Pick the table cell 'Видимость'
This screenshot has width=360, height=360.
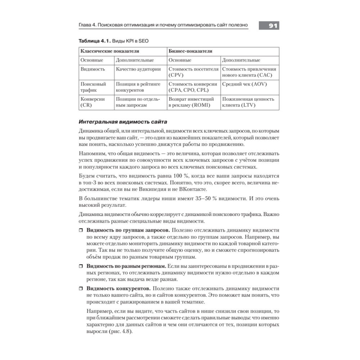(93, 69)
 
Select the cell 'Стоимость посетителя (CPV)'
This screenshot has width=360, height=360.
(193, 72)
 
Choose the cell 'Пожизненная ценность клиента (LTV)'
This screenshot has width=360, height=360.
(248, 102)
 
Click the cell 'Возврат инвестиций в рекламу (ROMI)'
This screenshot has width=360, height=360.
(191, 102)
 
